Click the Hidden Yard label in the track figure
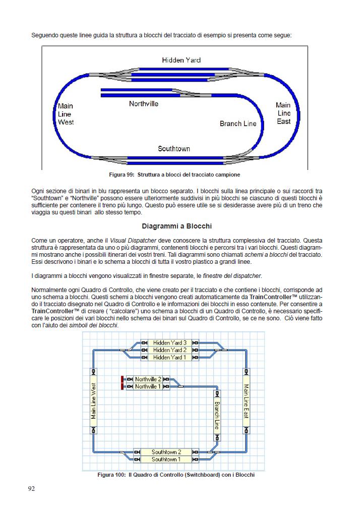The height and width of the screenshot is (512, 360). click(181, 60)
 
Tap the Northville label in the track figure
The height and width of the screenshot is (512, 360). click(144, 104)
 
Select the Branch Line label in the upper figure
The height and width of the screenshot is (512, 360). click(238, 124)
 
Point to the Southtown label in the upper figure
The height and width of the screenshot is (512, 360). click(174, 149)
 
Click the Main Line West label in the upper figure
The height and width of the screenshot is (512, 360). click(66, 114)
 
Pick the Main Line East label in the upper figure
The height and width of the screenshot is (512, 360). click(283, 113)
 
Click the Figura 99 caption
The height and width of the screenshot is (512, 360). click(174, 175)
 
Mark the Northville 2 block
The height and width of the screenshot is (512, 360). click(148, 379)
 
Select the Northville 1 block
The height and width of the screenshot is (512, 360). click(148, 386)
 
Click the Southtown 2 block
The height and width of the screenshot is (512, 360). click(166, 452)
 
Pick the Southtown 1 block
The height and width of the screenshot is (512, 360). click(166, 460)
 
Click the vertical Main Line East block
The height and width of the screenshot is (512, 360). click(246, 401)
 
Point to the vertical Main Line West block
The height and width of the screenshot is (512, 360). click(93, 401)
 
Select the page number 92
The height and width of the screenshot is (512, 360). click(32, 488)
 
